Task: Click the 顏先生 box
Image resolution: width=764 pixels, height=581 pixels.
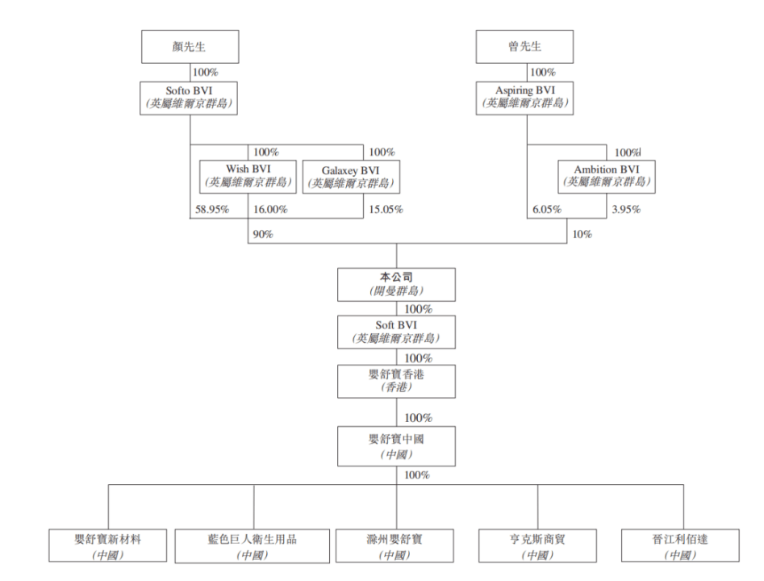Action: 190,47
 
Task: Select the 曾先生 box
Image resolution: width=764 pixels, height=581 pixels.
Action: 524,47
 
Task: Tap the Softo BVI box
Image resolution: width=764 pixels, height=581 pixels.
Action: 189,98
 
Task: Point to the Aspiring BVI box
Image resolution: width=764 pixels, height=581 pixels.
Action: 524,98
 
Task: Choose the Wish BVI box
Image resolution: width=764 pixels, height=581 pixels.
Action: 248,177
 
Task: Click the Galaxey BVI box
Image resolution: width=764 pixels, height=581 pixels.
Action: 351,177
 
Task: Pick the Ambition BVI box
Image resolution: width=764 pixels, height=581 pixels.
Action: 607,177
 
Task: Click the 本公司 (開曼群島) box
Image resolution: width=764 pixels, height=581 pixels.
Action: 396,285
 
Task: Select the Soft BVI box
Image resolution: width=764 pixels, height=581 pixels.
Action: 396,332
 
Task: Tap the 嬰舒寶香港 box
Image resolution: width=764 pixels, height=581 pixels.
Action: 396,381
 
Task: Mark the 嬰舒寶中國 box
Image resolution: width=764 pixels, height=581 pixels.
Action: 396,446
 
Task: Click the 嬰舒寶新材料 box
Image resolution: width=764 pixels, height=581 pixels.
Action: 107,546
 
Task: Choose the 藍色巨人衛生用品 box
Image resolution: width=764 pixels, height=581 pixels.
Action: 253,546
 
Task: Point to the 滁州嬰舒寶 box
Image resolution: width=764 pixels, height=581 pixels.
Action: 395,546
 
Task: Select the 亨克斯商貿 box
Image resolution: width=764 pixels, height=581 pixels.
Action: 537,546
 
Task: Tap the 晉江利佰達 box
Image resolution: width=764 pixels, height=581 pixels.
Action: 680,546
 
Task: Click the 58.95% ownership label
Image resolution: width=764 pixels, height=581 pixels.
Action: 212,210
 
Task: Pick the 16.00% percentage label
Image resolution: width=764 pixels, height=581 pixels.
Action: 270,210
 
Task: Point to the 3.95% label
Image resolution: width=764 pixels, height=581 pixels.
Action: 627,210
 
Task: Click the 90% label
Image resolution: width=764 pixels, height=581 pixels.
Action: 263,235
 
